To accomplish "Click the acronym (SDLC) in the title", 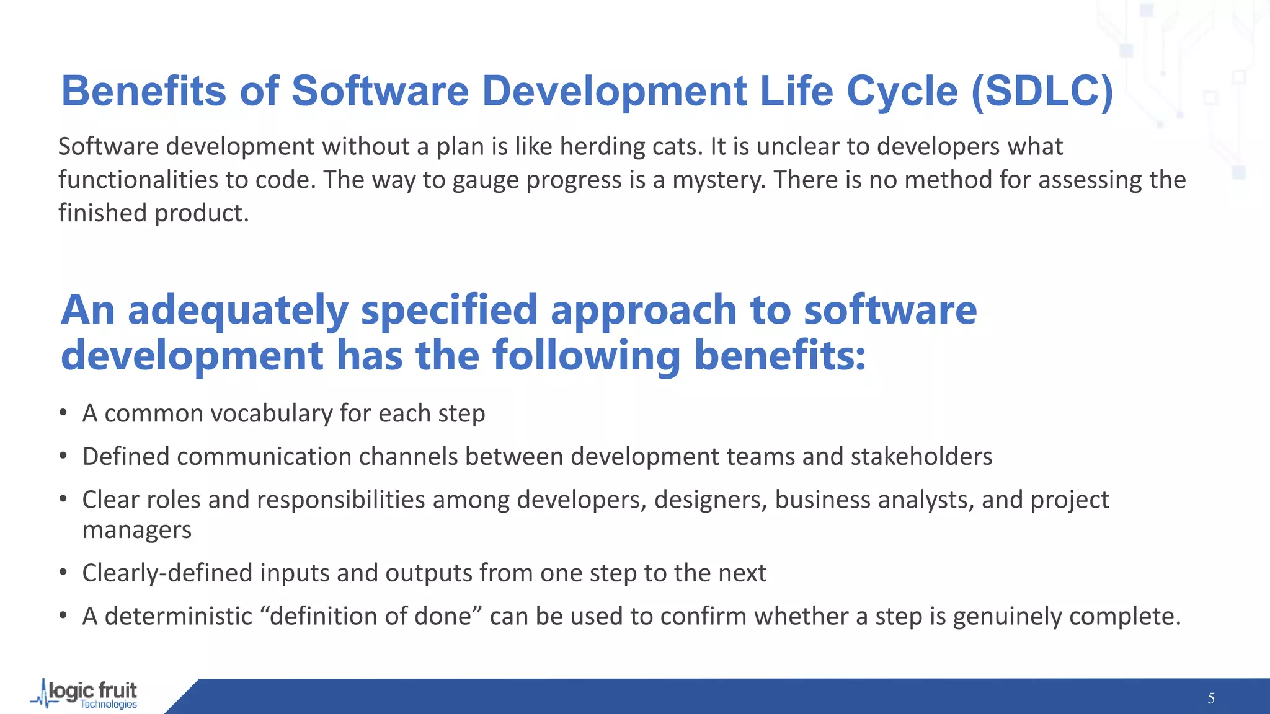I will [x=1042, y=92].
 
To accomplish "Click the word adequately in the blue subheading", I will [x=238, y=310].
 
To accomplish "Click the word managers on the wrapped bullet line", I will [x=136, y=531].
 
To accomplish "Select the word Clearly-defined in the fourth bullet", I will [x=167, y=573].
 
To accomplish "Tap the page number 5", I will [x=1211, y=699].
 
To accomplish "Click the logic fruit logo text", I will [x=93, y=690].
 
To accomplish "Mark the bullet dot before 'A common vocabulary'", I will [x=63, y=413].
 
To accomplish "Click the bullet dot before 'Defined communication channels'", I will [x=63, y=457].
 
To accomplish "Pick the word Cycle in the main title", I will [x=902, y=92].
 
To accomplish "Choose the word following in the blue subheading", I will [x=586, y=356].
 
